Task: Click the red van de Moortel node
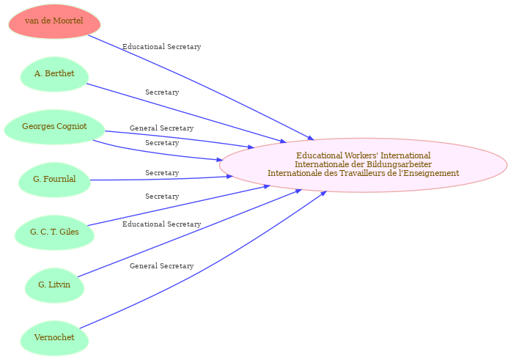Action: pyautogui.click(x=54, y=21)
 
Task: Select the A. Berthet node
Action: pyautogui.click(x=54, y=74)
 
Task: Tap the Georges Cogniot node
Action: pyautogui.click(x=54, y=127)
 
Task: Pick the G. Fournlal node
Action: pyautogui.click(x=54, y=180)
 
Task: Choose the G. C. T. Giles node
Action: pyautogui.click(x=54, y=232)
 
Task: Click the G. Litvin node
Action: pyautogui.click(x=54, y=285)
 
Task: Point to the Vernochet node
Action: pyautogui.click(x=54, y=338)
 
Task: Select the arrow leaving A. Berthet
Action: pyautogui.click(x=186, y=114)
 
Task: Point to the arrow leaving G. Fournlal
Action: pyautogui.click(x=162, y=179)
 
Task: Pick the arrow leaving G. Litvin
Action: pyautogui.click(x=190, y=233)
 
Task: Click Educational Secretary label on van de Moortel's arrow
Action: pyautogui.click(x=161, y=47)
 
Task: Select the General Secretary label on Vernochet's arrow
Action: pyautogui.click(x=161, y=266)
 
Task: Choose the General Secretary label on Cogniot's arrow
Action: pyautogui.click(x=161, y=128)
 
